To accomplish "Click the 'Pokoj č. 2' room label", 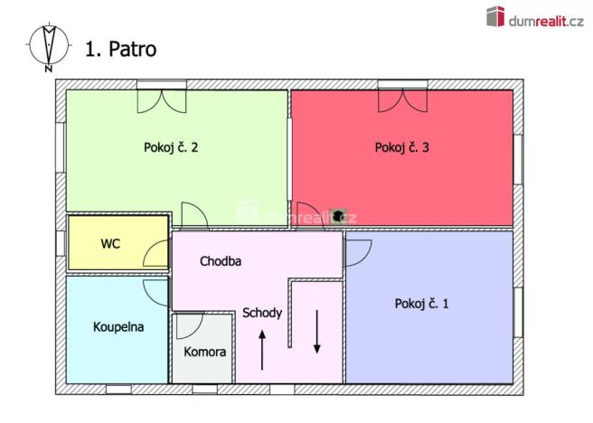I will pyautogui.click(x=171, y=147).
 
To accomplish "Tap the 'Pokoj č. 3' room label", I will pyautogui.click(x=401, y=147).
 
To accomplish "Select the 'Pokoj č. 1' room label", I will pyautogui.click(x=421, y=304).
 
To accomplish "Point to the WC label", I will pyautogui.click(x=110, y=244).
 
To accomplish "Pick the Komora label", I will pyautogui.click(x=205, y=352).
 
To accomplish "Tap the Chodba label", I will pyautogui.click(x=221, y=261).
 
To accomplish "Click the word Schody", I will pyautogui.click(x=262, y=314).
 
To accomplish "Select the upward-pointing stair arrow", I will pyautogui.click(x=262, y=351).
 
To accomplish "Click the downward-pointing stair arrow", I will pyautogui.click(x=317, y=332).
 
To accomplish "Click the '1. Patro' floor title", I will pyautogui.click(x=120, y=49).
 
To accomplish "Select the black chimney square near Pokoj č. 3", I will pyautogui.click(x=339, y=216).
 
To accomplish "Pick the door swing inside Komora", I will pyautogui.click(x=190, y=325).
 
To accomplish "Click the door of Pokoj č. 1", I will pyautogui.click(x=356, y=251).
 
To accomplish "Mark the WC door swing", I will pyautogui.click(x=157, y=255).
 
